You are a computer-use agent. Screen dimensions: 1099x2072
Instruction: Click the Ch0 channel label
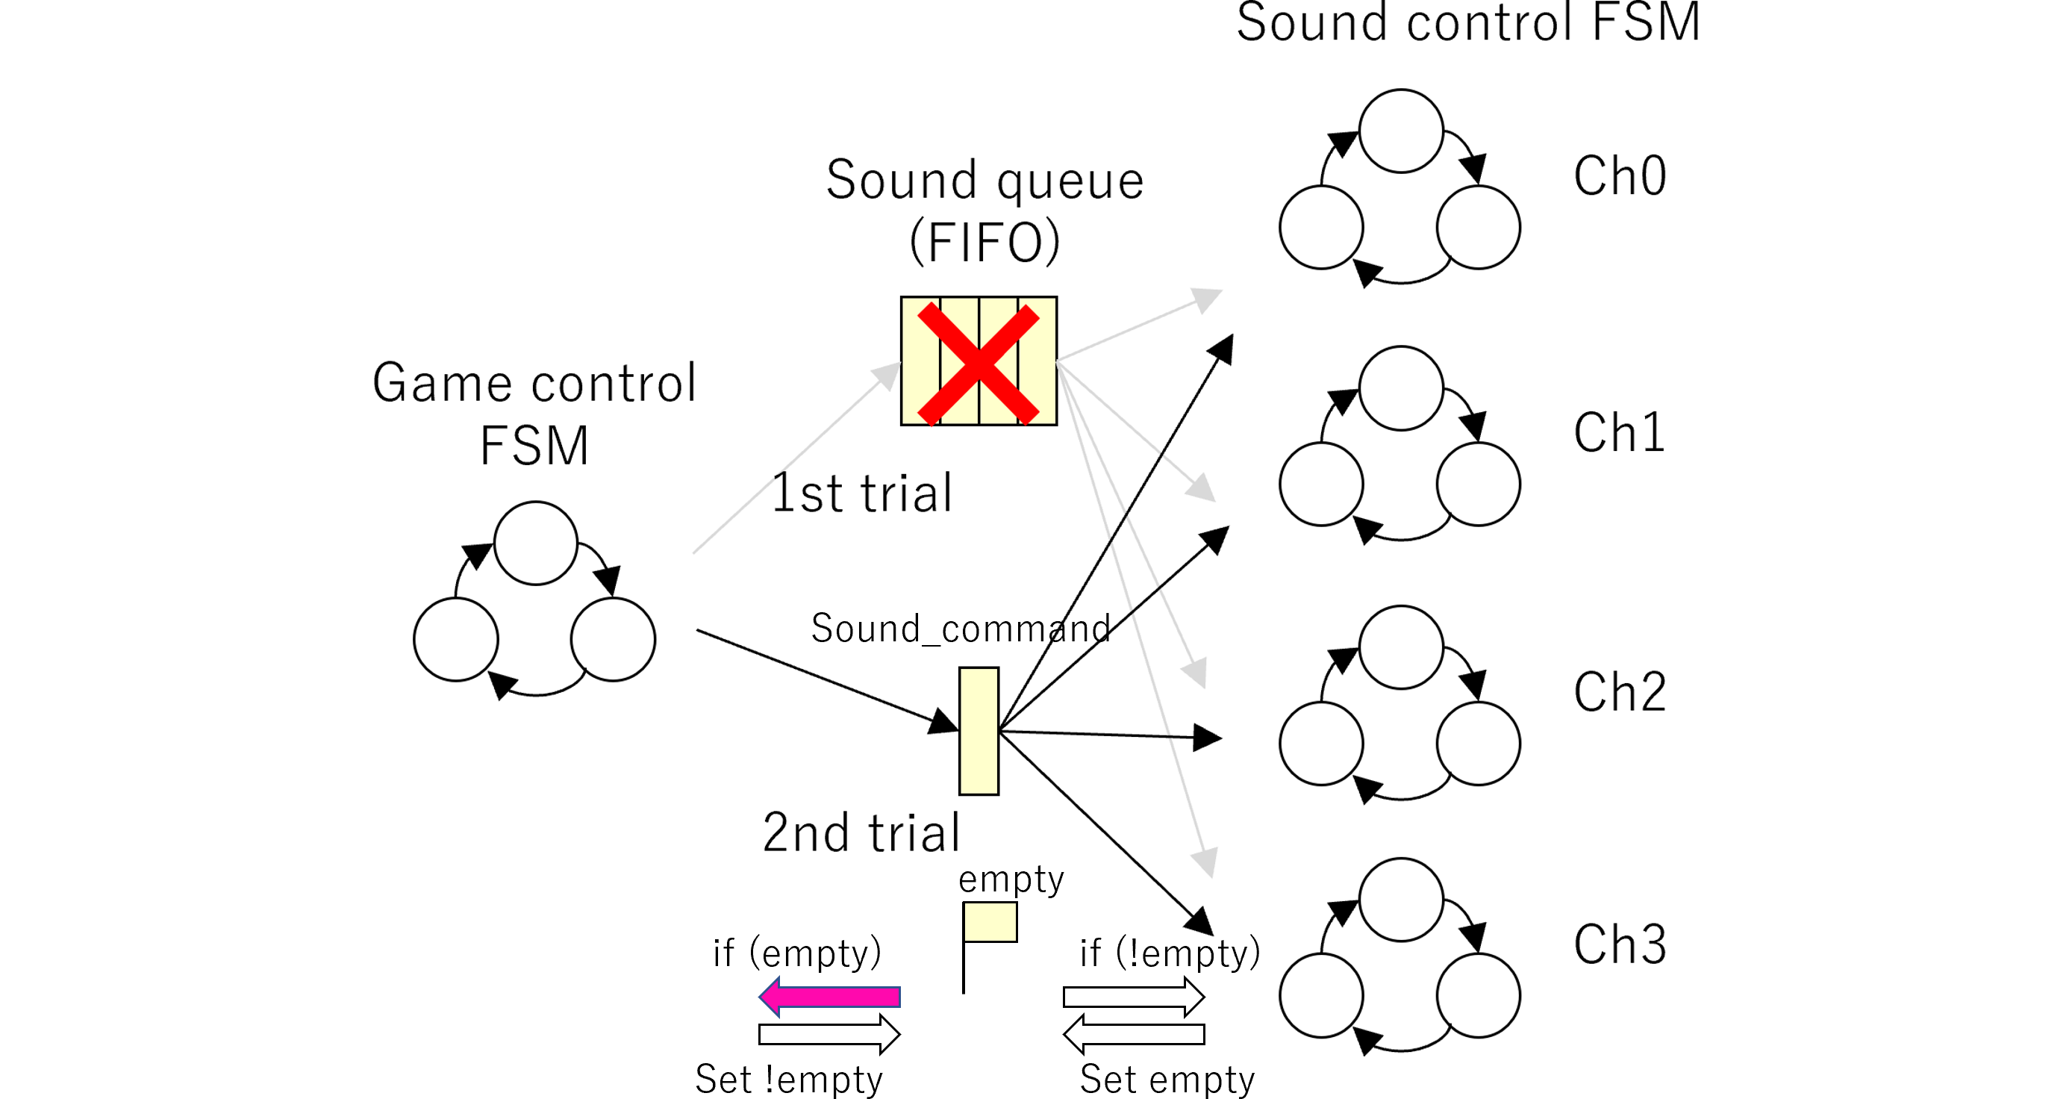click(x=1618, y=176)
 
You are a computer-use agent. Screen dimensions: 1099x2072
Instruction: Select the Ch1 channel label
click(x=1618, y=434)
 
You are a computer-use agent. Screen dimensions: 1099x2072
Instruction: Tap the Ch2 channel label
click(x=1618, y=692)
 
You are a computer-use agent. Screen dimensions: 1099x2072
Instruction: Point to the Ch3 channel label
click(x=1618, y=944)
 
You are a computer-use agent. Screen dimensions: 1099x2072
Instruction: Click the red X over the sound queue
click(x=978, y=363)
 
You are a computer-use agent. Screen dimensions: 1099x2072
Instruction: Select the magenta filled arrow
click(x=829, y=997)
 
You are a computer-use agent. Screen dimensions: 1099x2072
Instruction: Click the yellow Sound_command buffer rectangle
click(x=979, y=730)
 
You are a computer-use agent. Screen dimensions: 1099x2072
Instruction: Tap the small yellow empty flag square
click(x=990, y=922)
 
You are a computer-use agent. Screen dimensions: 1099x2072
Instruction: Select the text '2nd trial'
click(x=861, y=832)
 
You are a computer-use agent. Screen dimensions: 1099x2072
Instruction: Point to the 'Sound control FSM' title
click(x=1468, y=22)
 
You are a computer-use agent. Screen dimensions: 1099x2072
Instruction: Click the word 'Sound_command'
click(x=961, y=629)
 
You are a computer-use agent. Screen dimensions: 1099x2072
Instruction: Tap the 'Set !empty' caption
click(x=788, y=1079)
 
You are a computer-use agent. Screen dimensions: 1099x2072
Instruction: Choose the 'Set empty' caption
click(x=1167, y=1079)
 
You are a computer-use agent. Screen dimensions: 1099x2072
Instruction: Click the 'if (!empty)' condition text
click(x=1170, y=953)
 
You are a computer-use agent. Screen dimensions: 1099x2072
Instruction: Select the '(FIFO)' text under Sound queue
click(x=984, y=242)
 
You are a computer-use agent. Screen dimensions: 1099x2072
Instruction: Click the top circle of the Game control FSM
click(x=536, y=543)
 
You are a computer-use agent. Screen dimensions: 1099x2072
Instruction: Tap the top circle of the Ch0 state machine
click(x=1401, y=131)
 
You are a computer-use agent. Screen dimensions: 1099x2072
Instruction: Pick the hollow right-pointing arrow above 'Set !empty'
click(x=829, y=1034)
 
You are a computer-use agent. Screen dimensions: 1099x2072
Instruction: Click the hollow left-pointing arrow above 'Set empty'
click(x=1133, y=1034)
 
